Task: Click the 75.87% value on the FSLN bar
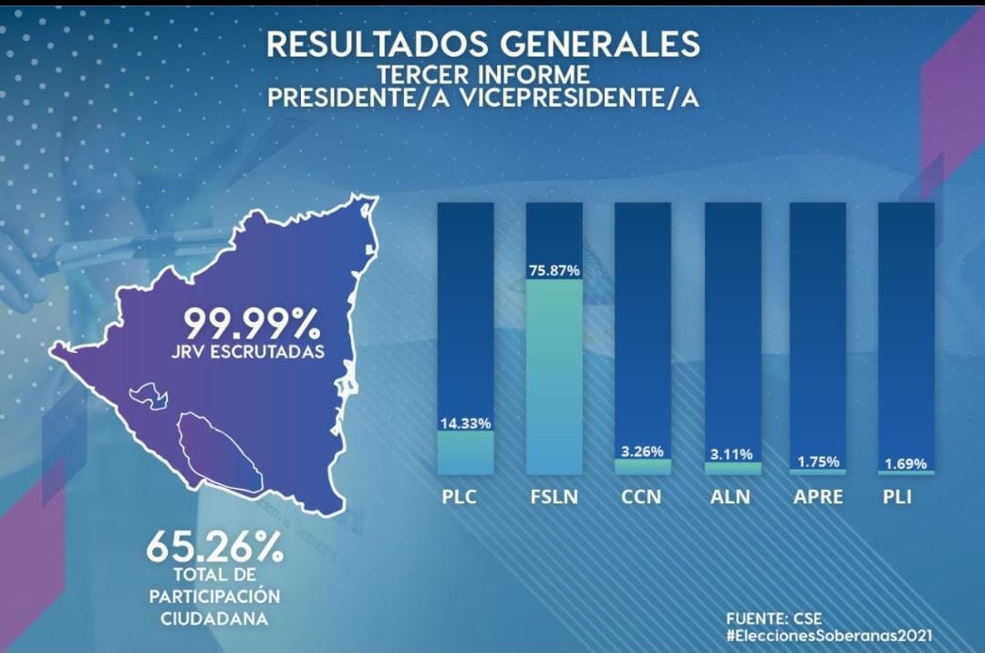555,271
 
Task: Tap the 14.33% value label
465,423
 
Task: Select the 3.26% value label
642,451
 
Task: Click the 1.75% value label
818,461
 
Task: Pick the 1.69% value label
906,462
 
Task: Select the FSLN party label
555,498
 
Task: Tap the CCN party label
642,498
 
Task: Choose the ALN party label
731,498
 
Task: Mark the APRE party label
818,498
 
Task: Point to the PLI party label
897,498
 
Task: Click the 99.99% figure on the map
252,324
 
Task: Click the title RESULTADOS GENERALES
483,45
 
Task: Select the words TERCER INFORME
483,74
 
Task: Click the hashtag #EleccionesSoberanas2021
830,636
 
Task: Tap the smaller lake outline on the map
148,396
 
